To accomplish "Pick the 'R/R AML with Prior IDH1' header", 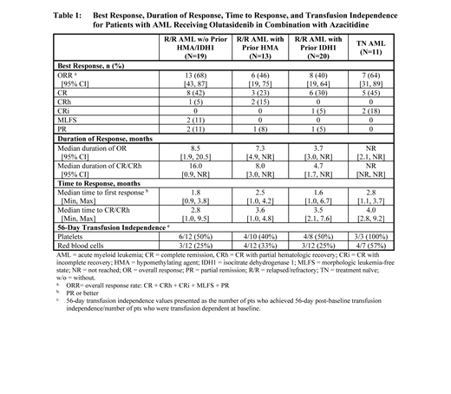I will tap(335, 53).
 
